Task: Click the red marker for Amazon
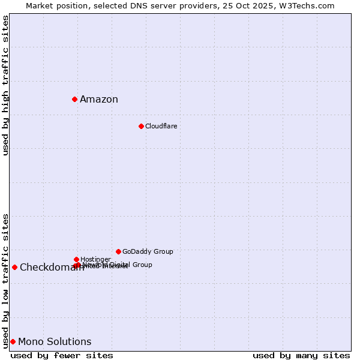[x=74, y=99]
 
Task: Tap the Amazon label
[x=99, y=100]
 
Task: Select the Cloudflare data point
[x=141, y=126]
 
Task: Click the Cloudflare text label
[x=161, y=126]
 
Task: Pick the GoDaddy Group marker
[x=118, y=251]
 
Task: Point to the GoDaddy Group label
[x=148, y=251]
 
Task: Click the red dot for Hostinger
[x=76, y=259]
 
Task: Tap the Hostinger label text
[x=95, y=259]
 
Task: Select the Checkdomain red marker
[x=14, y=267]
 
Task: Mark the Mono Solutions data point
[x=13, y=341]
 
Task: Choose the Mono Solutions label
[x=55, y=342]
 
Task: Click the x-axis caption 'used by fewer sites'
[x=62, y=355]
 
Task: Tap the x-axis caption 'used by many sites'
[x=301, y=355]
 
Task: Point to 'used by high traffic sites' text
[x=5, y=85]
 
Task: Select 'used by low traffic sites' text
[x=5, y=280]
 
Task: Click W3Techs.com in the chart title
[x=310, y=5]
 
